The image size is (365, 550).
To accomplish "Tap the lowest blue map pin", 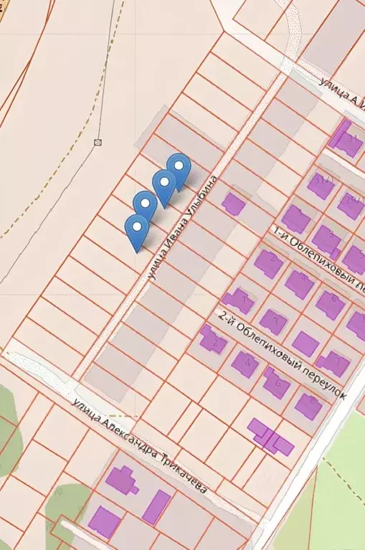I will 137,227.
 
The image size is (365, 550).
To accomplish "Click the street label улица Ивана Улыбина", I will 180,228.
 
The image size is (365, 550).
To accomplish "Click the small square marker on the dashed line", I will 98,143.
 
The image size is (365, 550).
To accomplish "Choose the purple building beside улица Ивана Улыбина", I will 233,204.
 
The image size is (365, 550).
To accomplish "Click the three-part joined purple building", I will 270,437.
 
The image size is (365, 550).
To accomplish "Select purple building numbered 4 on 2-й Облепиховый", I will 245,364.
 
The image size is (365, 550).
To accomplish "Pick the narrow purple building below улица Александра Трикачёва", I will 156,507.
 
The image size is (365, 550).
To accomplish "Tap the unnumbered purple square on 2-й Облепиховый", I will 305,343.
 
